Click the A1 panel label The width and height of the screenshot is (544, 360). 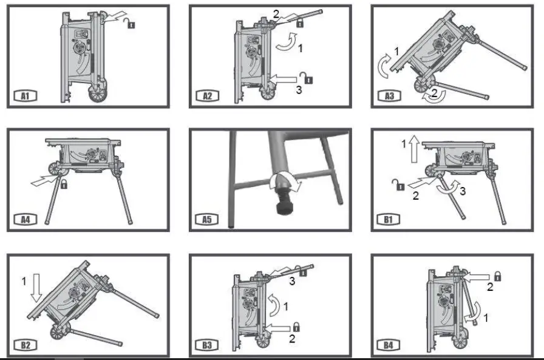click(25, 95)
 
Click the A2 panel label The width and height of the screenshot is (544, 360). click(208, 95)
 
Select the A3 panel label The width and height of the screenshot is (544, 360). click(389, 95)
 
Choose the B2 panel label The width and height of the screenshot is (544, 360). click(25, 345)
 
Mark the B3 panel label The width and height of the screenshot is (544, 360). click(208, 345)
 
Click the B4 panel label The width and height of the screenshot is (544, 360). click(389, 345)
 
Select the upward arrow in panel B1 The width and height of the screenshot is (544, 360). click(414, 149)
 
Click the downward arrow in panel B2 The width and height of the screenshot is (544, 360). click(36, 288)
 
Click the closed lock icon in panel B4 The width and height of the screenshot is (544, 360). click(497, 276)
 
